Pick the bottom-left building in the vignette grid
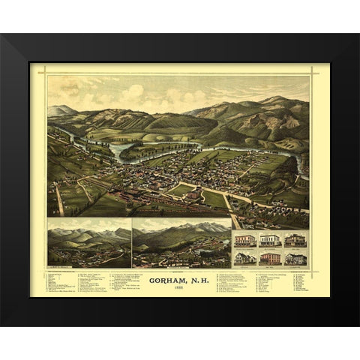[x=244, y=257]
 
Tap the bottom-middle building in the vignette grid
[x=270, y=257]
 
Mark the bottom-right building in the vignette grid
[x=295, y=257]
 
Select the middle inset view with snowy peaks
[x=181, y=241]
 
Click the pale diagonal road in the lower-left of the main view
[x=58, y=199]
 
